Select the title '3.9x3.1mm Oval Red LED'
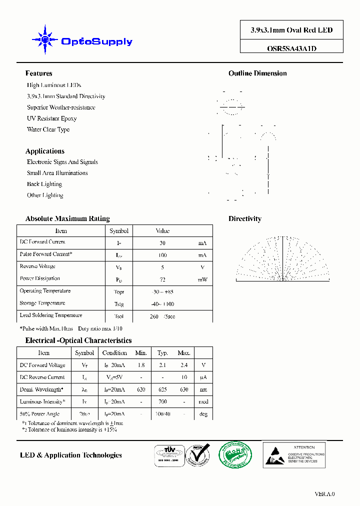[291, 30]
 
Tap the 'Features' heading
[38, 73]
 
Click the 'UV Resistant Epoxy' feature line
[51, 118]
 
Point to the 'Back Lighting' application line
[44, 184]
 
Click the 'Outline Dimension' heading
[257, 73]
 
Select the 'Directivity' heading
[244, 218]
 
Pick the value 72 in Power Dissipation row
[162, 279]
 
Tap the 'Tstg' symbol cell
[119, 304]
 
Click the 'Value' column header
[162, 231]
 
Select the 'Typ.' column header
[162, 353]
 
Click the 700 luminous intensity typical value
[162, 402]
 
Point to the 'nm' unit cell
[203, 389]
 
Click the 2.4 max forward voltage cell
[184, 365]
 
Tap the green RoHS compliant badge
[235, 455]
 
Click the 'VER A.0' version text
[324, 494]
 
